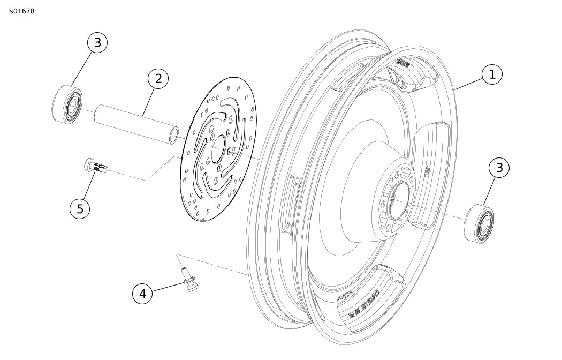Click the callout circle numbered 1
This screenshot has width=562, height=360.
[x=492, y=74]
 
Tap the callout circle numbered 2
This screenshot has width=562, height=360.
[x=158, y=79]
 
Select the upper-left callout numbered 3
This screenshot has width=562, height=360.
[x=97, y=43]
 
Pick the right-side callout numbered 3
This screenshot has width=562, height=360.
[x=499, y=168]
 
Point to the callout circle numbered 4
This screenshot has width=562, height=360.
[x=142, y=294]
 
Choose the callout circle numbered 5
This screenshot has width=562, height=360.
[x=80, y=209]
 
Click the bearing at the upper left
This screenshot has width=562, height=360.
[x=67, y=104]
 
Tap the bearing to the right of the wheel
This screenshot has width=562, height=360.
[x=479, y=223]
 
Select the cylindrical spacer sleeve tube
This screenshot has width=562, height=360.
[x=136, y=125]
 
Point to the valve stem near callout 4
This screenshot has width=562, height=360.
[x=189, y=279]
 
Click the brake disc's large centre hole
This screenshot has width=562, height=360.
[x=218, y=149]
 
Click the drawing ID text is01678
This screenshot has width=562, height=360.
[x=21, y=11]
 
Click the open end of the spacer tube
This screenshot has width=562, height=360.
[x=173, y=136]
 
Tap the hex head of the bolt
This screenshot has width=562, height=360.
[x=89, y=164]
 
